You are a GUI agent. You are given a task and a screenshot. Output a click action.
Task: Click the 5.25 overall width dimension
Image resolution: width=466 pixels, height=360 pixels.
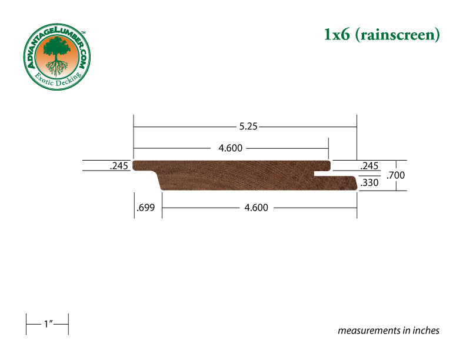click(248, 126)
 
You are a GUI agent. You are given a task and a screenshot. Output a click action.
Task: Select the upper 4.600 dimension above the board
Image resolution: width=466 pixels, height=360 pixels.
click(230, 148)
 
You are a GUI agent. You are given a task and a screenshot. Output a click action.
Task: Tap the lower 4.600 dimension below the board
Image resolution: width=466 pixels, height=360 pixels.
click(256, 207)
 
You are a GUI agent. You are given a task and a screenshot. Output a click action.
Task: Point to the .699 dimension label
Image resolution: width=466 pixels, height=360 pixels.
click(146, 207)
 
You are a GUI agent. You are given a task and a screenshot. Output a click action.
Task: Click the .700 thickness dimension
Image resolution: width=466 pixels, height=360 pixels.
click(395, 175)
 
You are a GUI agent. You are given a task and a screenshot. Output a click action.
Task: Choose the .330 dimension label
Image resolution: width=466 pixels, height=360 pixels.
click(370, 182)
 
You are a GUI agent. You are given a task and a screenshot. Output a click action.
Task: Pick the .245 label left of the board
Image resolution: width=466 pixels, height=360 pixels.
click(119, 166)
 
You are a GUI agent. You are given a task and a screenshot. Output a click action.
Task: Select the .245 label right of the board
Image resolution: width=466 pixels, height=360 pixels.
click(369, 166)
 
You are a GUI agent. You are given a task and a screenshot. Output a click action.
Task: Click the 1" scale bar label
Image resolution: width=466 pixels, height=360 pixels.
click(48, 324)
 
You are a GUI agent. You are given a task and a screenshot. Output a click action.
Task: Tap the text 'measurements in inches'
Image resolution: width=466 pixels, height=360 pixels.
click(388, 331)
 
